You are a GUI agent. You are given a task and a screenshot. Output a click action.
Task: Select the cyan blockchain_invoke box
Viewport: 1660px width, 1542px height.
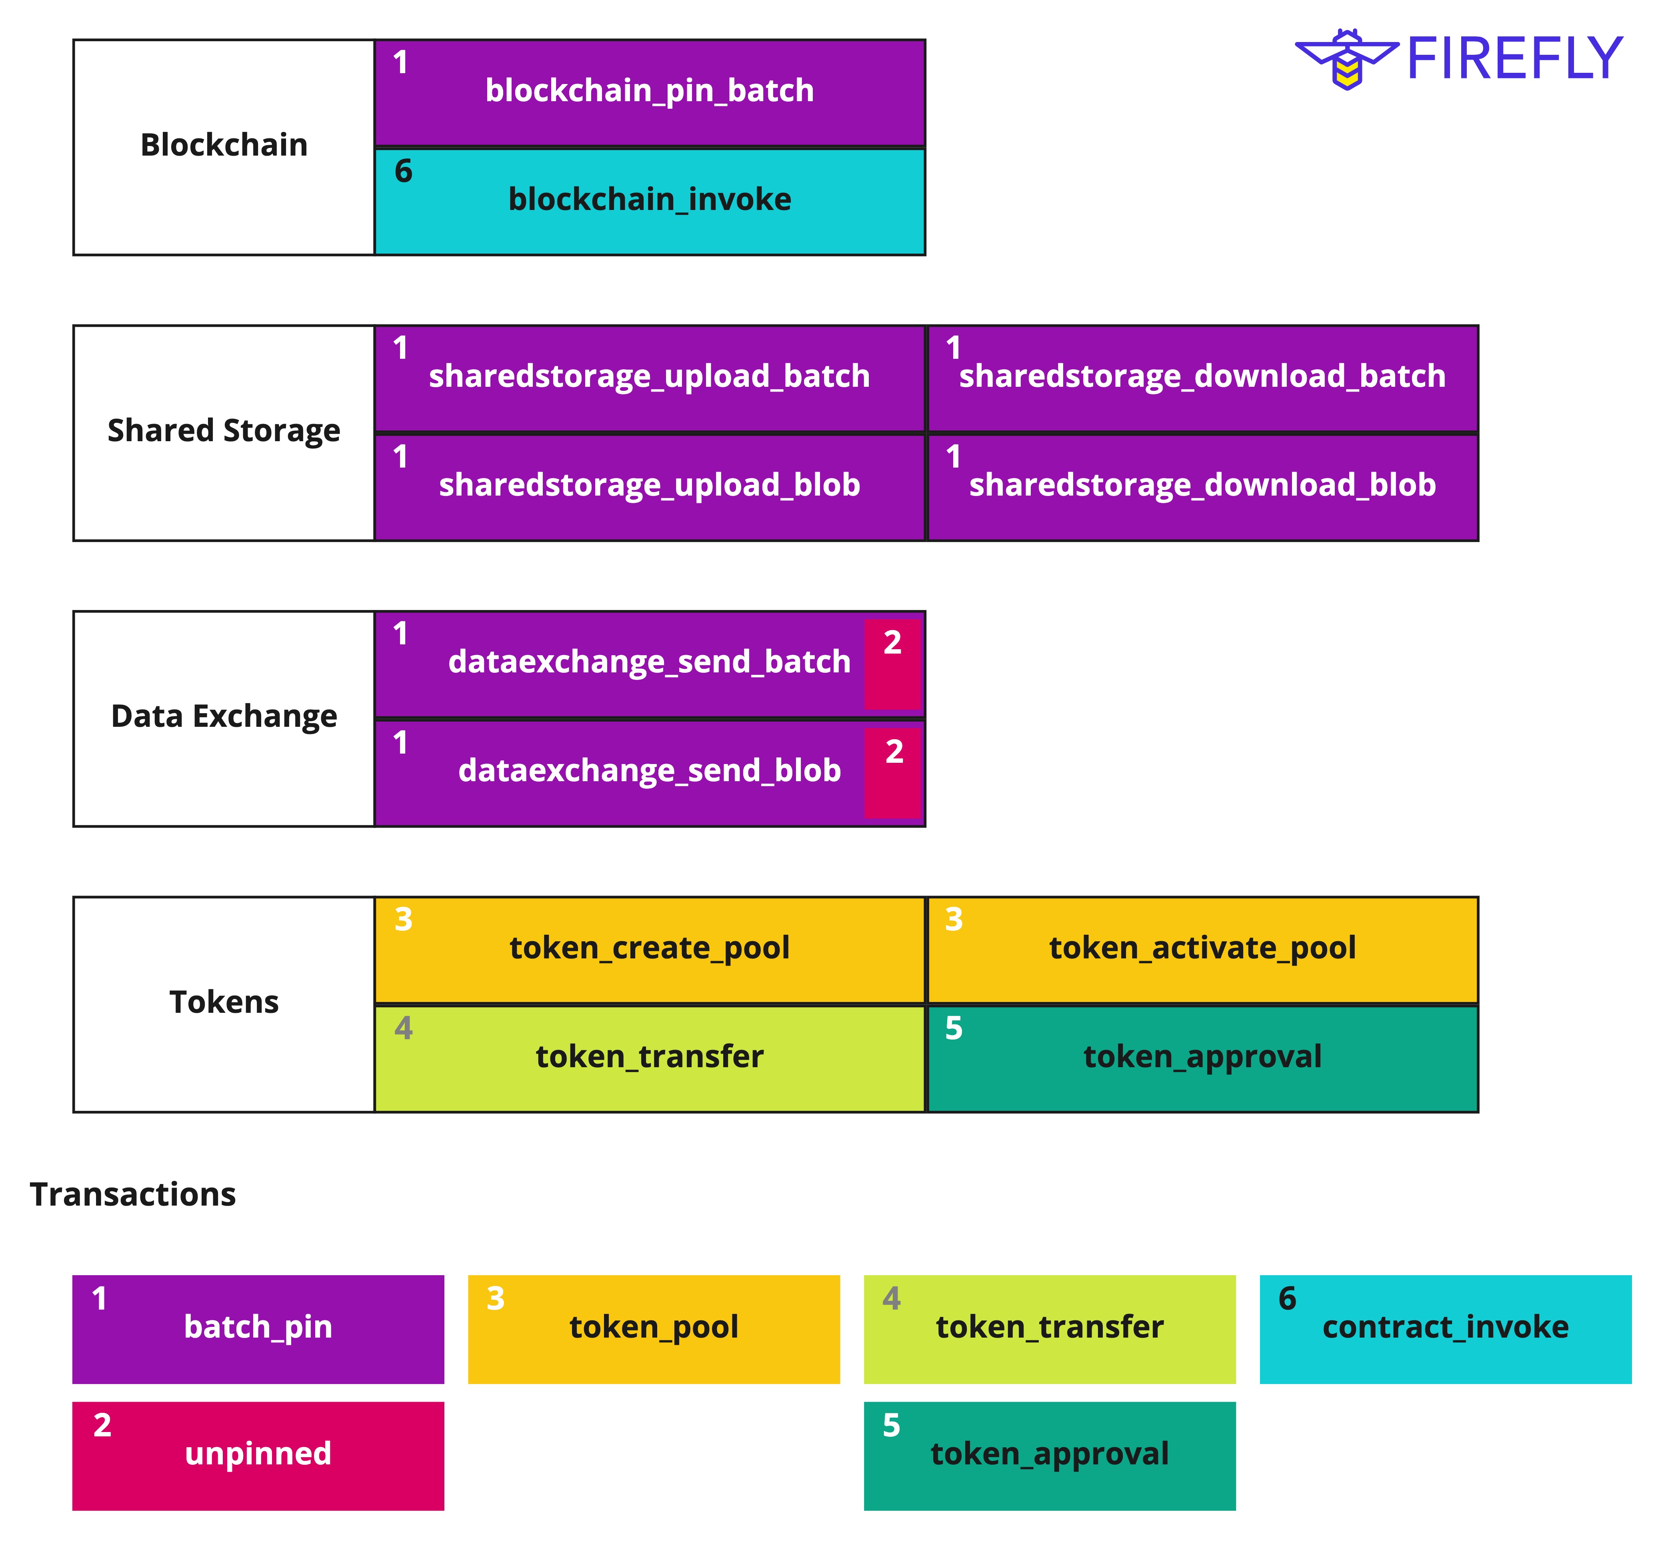tap(649, 201)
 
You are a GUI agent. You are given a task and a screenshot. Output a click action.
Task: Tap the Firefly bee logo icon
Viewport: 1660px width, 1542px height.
tap(1346, 58)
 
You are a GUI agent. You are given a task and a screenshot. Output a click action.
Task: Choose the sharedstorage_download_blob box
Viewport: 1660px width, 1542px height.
tap(1202, 486)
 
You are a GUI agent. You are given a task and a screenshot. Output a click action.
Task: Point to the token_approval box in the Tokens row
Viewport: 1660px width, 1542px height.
tap(1202, 1058)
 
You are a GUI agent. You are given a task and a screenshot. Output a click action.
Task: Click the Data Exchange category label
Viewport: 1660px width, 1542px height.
tap(224, 717)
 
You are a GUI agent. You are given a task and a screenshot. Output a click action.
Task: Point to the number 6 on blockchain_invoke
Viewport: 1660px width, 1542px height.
tap(403, 172)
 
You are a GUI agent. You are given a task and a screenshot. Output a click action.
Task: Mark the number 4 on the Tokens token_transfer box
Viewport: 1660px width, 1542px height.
tap(403, 1029)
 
